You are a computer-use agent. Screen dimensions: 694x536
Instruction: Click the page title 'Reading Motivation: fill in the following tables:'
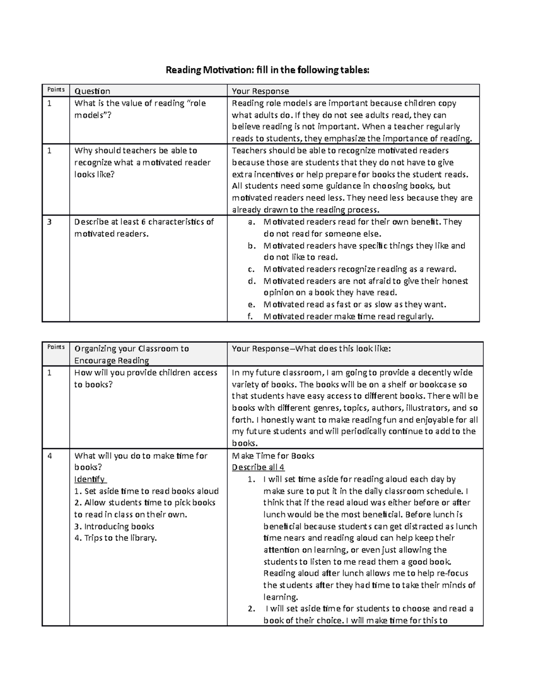(268, 70)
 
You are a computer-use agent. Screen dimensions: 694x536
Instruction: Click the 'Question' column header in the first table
(92, 91)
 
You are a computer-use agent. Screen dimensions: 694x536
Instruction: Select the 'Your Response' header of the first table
(260, 91)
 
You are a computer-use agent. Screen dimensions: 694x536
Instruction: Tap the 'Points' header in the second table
(56, 347)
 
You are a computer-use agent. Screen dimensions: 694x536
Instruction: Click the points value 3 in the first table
(50, 222)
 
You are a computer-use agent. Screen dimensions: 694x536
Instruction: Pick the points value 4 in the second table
(50, 456)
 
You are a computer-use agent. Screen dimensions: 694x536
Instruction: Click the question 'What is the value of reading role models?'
(140, 109)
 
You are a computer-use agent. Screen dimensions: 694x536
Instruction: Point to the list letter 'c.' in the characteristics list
(251, 269)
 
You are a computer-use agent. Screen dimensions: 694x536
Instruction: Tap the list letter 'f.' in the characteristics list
(251, 316)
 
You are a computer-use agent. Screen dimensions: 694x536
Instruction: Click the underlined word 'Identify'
(89, 479)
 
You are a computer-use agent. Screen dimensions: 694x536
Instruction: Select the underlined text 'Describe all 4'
(258, 467)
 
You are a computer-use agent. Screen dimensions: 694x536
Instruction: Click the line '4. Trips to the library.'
(116, 538)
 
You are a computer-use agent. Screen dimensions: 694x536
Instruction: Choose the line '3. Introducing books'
(114, 526)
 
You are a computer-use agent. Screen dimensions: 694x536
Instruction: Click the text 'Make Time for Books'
(273, 456)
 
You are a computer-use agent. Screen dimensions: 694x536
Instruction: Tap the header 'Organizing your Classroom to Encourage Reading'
(131, 354)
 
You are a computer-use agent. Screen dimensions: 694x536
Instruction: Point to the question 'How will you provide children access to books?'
(146, 378)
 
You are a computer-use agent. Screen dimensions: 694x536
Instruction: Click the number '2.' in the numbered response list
(251, 609)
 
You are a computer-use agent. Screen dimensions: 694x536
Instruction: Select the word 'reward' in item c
(441, 269)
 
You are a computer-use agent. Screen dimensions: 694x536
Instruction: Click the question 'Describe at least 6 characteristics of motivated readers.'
(144, 227)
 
